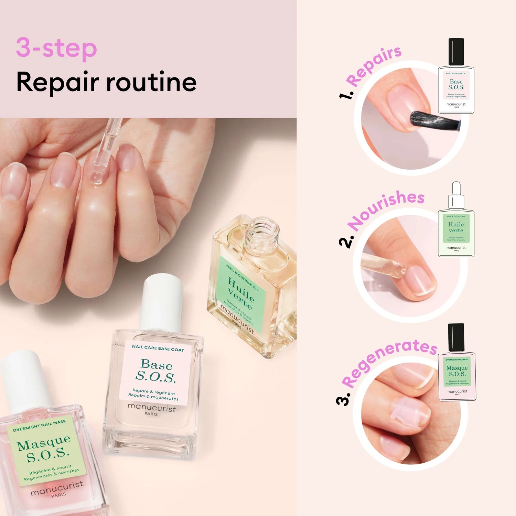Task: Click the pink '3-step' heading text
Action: (56, 48)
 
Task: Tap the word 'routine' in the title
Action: (151, 83)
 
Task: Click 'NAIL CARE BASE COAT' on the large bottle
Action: (158, 348)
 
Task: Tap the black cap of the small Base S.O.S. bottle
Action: (456, 52)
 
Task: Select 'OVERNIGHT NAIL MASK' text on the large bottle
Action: (39, 426)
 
